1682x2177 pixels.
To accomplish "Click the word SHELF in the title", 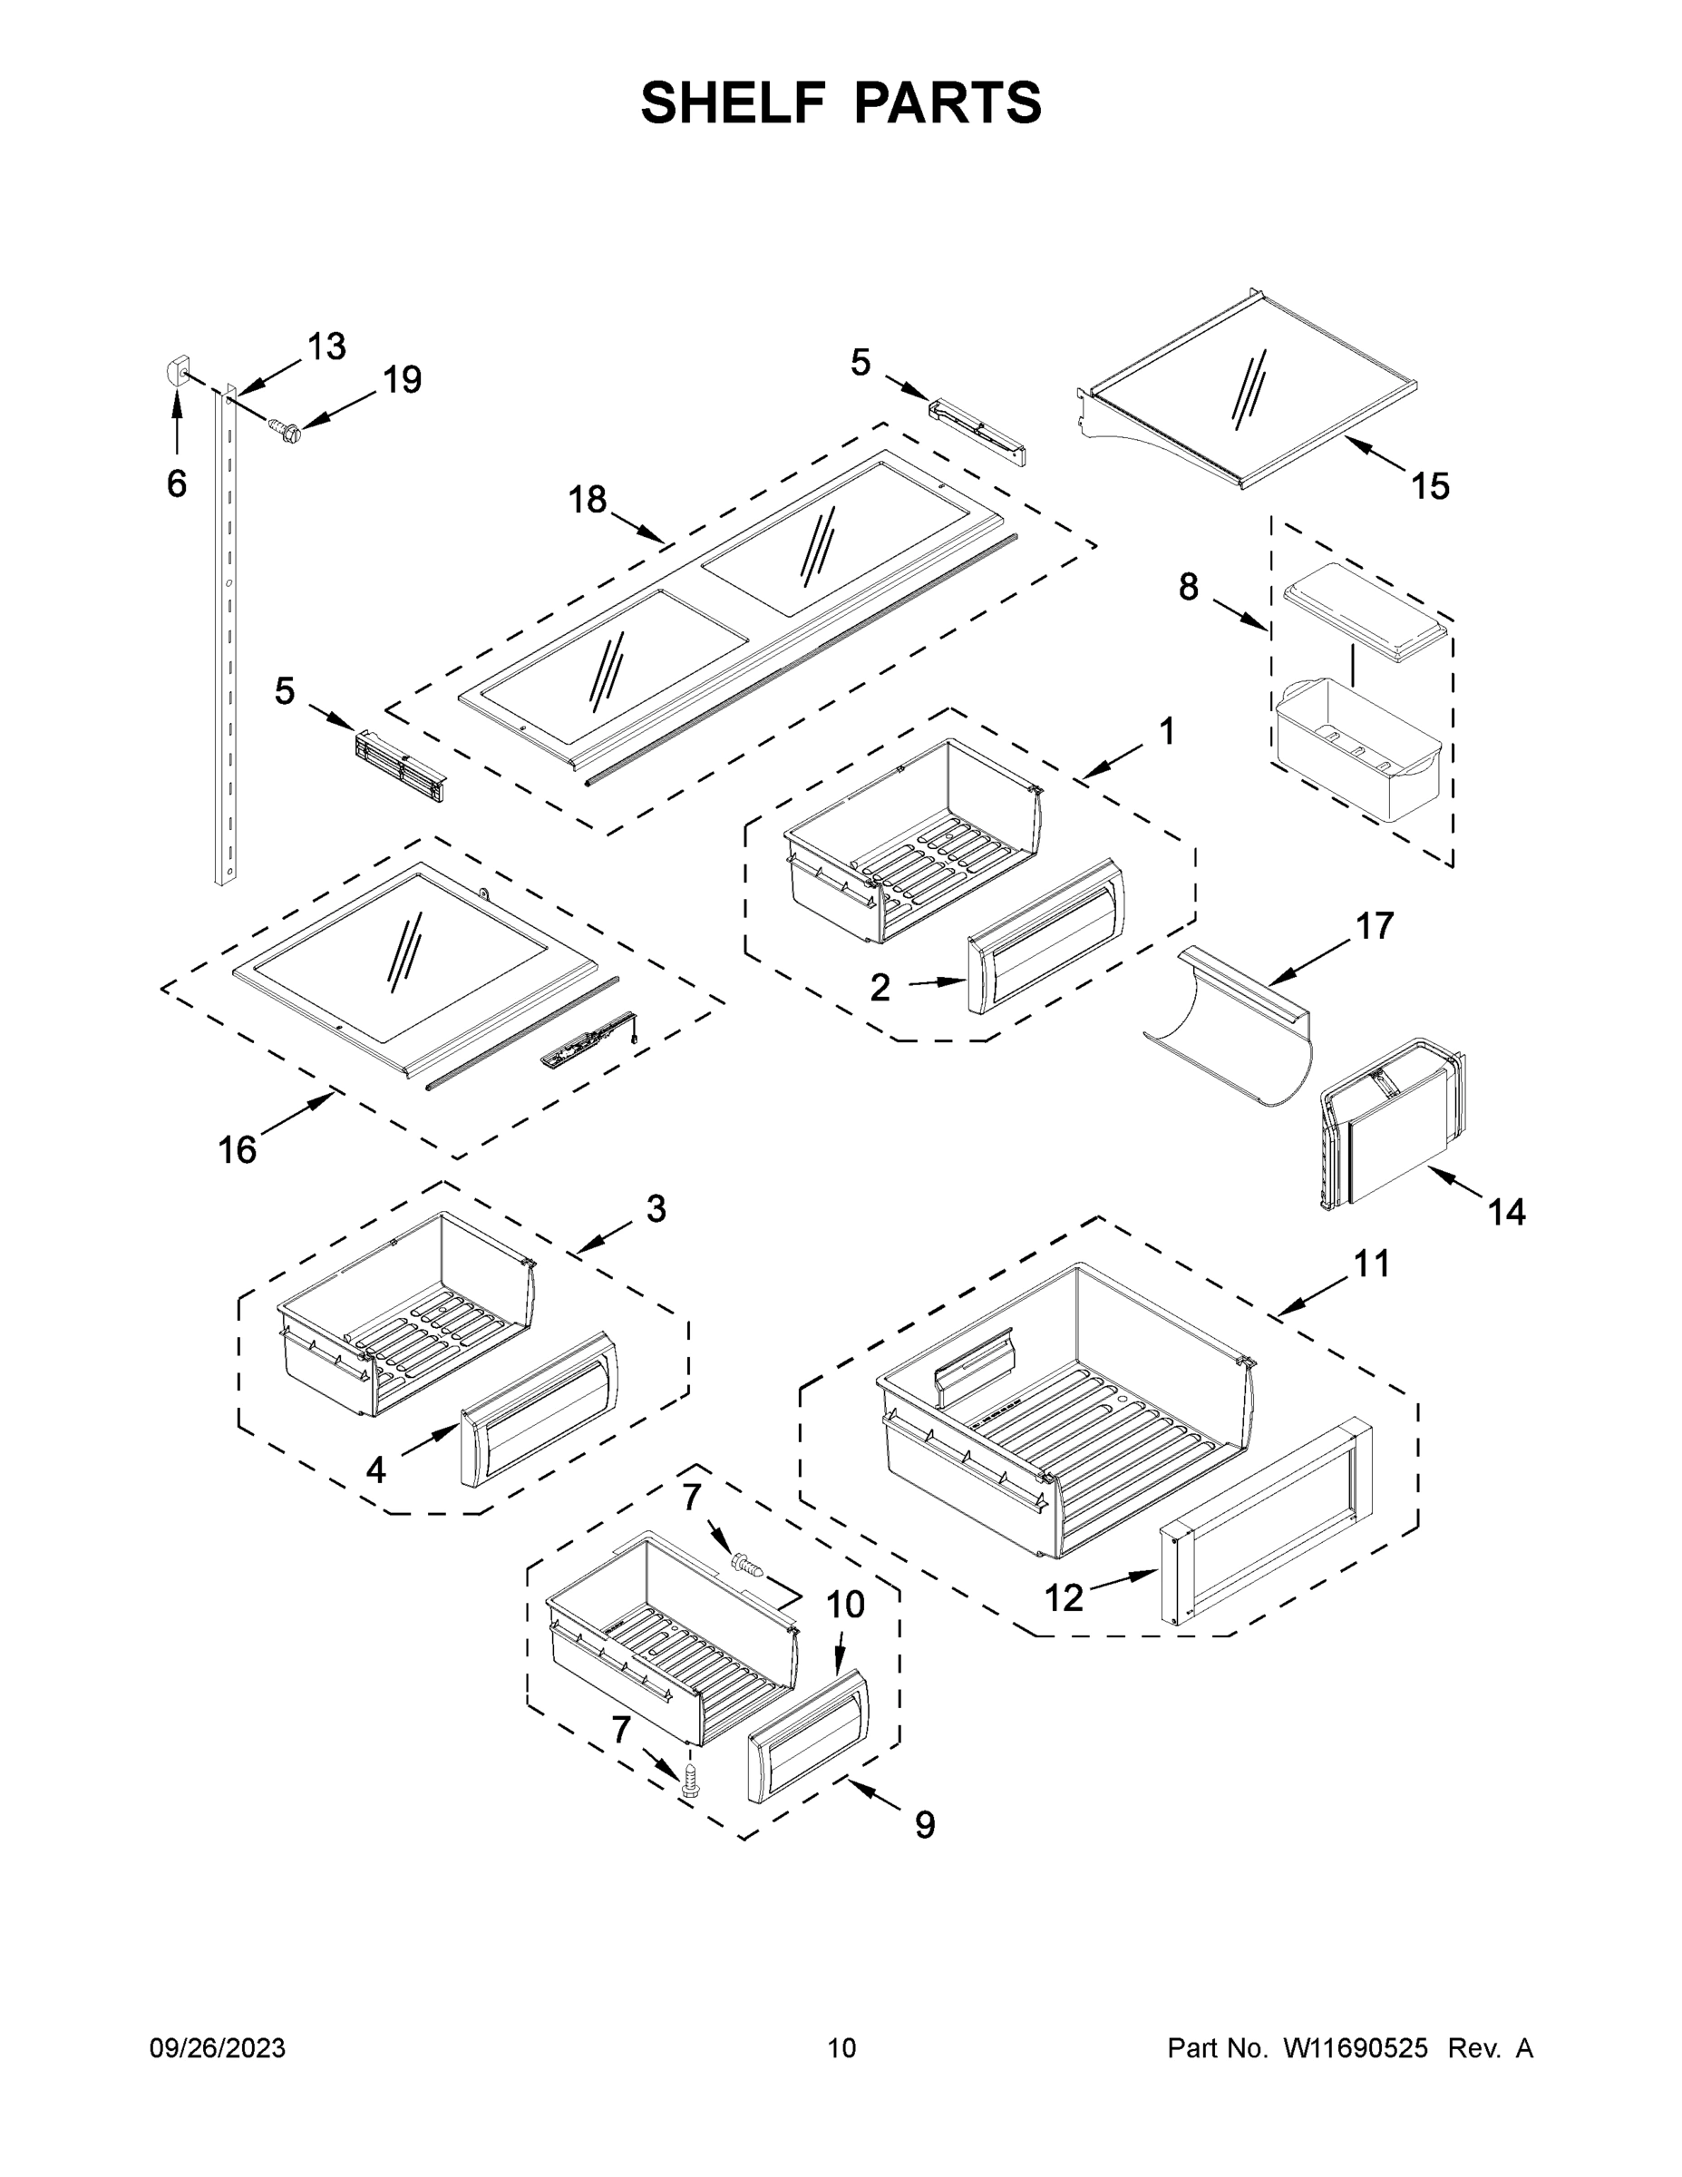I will click(x=734, y=103).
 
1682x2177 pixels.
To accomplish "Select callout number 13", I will click(x=326, y=347).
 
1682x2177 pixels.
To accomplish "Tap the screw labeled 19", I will click(x=286, y=431).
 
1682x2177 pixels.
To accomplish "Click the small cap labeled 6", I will click(x=177, y=373).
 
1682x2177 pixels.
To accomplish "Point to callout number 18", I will click(x=587, y=500).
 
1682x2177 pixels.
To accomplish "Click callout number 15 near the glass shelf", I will click(x=1430, y=486).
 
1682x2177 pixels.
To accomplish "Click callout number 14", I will click(x=1507, y=1212).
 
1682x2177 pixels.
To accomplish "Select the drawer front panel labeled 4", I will click(x=538, y=1408).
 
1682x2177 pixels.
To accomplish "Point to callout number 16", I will click(x=238, y=1149).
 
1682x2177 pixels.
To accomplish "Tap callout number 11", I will click(x=1371, y=1264).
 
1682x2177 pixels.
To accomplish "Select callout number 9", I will click(x=925, y=1825).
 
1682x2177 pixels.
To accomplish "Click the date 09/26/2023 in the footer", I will click(x=218, y=2048).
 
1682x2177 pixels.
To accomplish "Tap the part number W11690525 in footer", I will click(x=1356, y=2048).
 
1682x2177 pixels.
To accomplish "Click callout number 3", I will click(x=656, y=1208).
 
